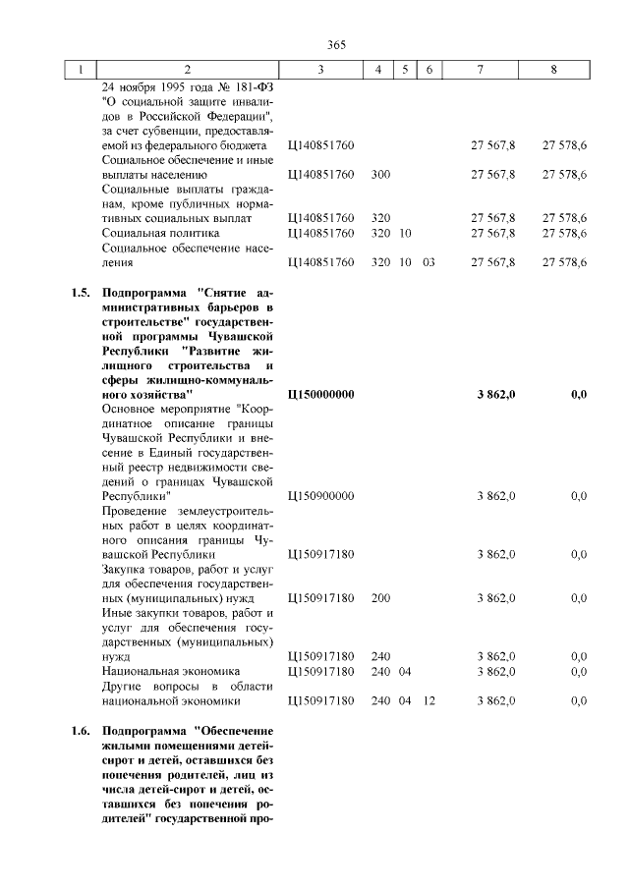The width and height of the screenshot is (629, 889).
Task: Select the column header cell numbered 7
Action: tap(479, 71)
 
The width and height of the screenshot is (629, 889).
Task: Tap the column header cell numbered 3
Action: tap(320, 71)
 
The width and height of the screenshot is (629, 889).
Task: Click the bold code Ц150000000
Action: tap(322, 394)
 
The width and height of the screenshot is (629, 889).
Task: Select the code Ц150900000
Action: tap(320, 496)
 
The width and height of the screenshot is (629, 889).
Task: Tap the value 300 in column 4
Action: tap(381, 175)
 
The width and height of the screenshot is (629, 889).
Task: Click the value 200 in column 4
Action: tap(381, 598)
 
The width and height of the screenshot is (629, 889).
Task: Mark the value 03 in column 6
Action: tap(429, 262)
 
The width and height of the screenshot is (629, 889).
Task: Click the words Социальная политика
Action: tap(160, 233)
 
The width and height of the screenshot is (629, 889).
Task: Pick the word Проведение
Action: tap(136, 511)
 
